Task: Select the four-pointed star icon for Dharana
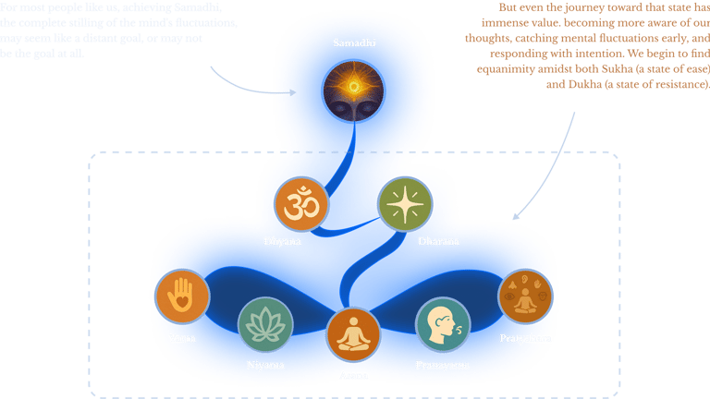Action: click(405, 203)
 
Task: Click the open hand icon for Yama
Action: click(182, 296)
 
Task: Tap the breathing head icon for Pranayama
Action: click(442, 324)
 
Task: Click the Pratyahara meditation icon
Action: click(525, 296)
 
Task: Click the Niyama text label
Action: click(265, 365)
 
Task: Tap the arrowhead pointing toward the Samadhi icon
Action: click(293, 92)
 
